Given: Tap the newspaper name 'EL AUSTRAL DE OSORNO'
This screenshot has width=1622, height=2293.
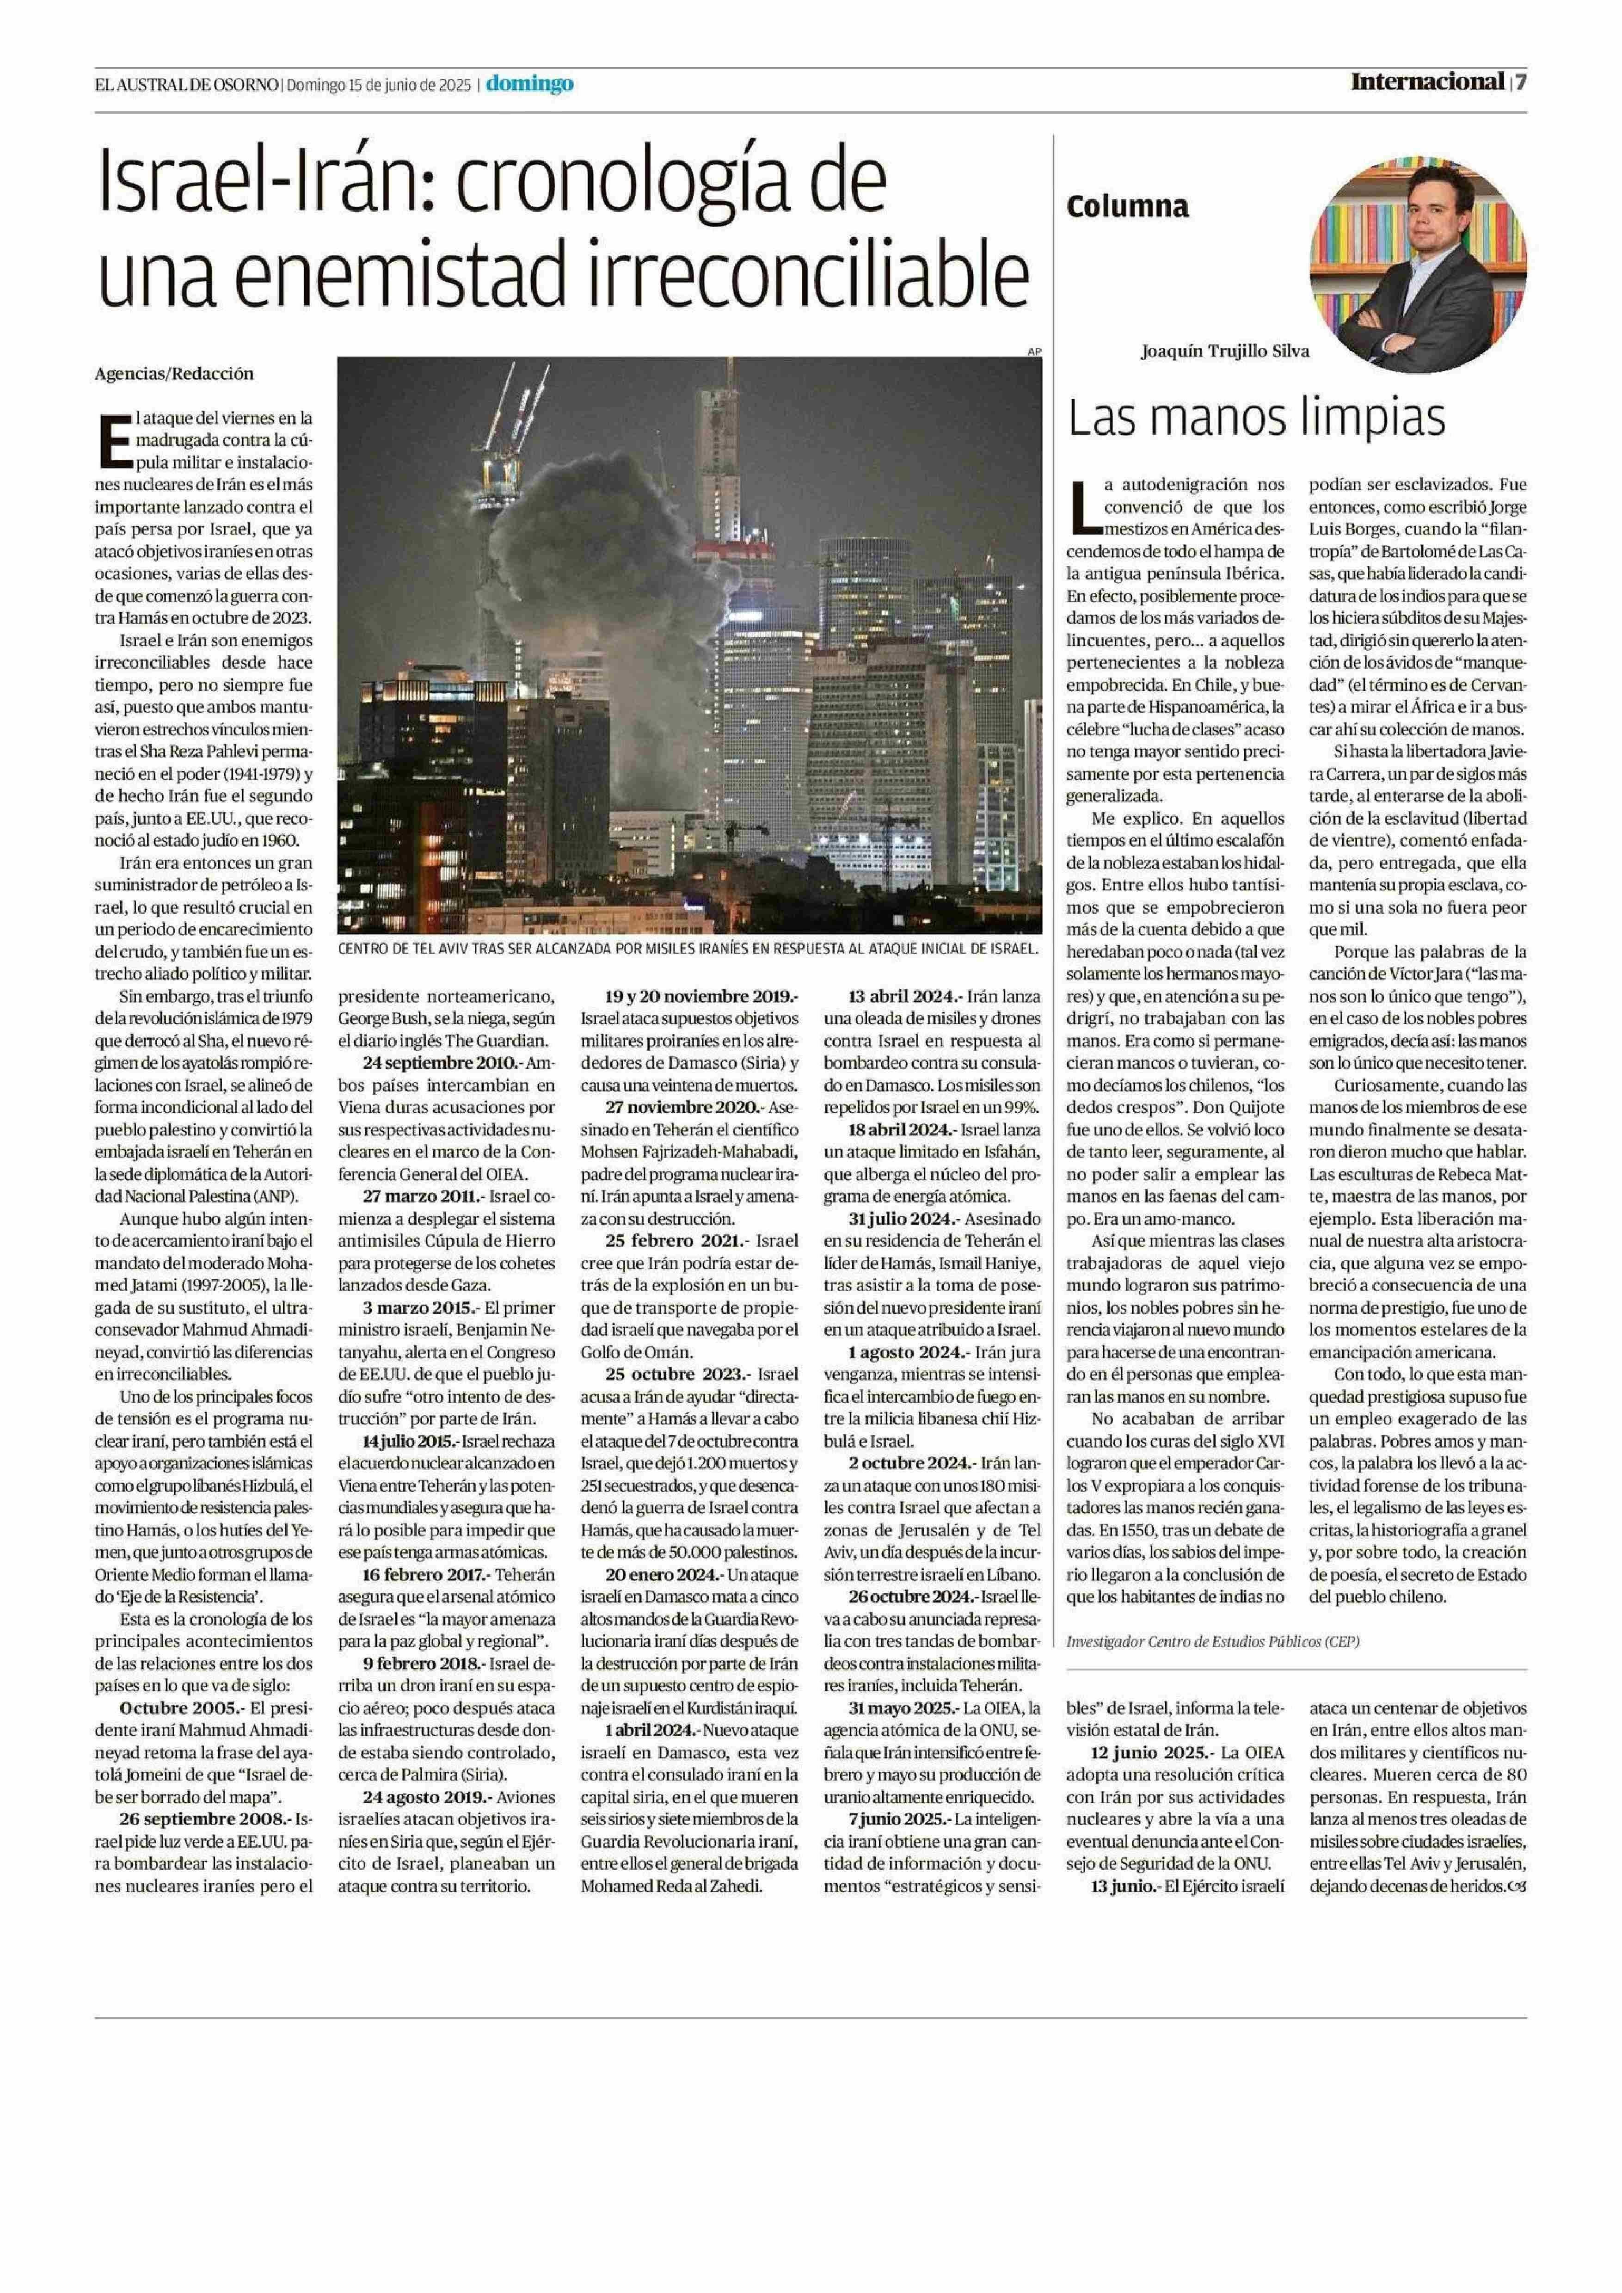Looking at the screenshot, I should pyautogui.click(x=187, y=85).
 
